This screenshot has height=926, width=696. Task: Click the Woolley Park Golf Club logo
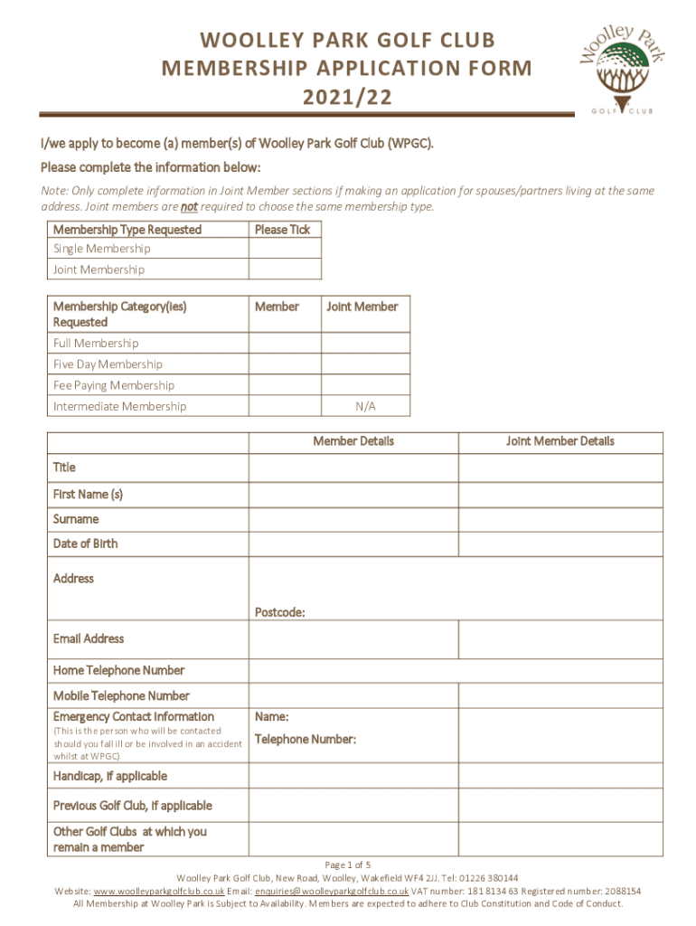click(622, 67)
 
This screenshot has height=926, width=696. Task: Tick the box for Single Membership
click(284, 249)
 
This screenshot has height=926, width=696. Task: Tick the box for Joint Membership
click(284, 269)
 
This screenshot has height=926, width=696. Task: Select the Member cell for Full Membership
click(284, 344)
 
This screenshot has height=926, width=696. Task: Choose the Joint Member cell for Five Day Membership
click(365, 364)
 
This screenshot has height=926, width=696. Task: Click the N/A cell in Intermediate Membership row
click(365, 406)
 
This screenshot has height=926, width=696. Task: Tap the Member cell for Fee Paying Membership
click(284, 385)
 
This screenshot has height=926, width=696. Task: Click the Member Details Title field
click(353, 468)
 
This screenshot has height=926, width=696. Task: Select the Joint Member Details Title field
click(560, 468)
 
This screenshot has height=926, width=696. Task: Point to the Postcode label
click(279, 612)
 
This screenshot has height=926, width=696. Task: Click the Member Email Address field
click(353, 639)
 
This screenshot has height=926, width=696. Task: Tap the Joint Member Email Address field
click(560, 639)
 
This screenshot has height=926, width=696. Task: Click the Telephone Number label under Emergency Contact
click(306, 740)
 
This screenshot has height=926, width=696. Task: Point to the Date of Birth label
click(85, 543)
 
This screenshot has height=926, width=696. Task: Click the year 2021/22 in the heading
click(347, 98)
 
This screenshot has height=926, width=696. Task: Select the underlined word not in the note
click(189, 206)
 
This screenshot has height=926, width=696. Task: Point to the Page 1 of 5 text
click(348, 864)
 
